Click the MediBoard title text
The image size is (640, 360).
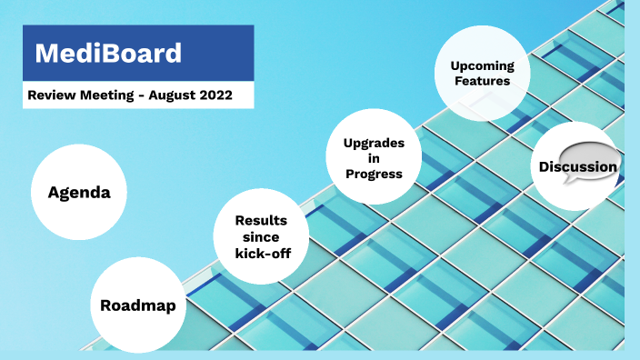pyautogui.click(x=108, y=53)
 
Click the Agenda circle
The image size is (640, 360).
pyautogui.click(x=78, y=193)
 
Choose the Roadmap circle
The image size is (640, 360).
pyautogui.click(x=138, y=305)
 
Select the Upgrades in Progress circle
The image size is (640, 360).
pyautogui.click(x=374, y=158)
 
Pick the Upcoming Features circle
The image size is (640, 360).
pyautogui.click(x=482, y=73)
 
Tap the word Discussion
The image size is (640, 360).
pyautogui.click(x=577, y=167)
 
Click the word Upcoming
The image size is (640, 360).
pyautogui.click(x=482, y=65)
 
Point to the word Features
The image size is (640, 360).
pyautogui.click(x=482, y=81)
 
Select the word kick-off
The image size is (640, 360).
pyautogui.click(x=262, y=252)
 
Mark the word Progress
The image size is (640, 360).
pyautogui.click(x=374, y=174)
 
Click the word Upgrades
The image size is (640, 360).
pyautogui.click(x=374, y=143)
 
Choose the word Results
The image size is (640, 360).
pyautogui.click(x=261, y=220)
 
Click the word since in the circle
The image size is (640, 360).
pyautogui.click(x=261, y=236)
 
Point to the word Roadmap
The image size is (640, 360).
pyautogui.click(x=138, y=305)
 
